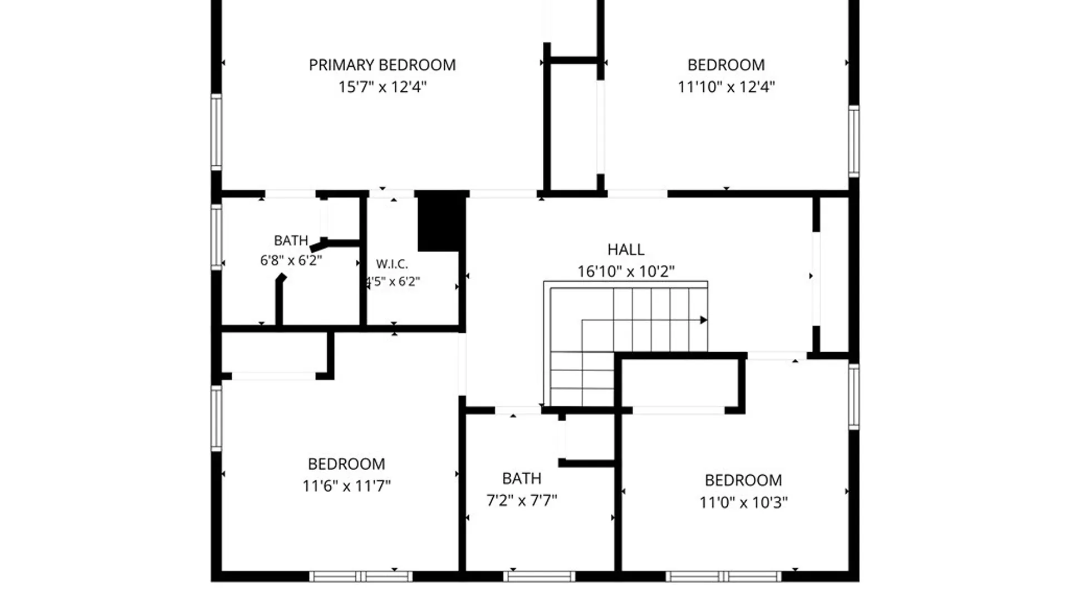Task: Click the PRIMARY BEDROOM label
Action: click(x=382, y=65)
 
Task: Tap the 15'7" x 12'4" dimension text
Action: click(x=383, y=87)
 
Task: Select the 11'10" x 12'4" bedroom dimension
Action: click(x=726, y=87)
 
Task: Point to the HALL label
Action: click(x=626, y=249)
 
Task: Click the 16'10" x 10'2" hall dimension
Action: click(x=626, y=272)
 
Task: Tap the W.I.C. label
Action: click(x=392, y=264)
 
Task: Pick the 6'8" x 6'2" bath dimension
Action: click(x=291, y=260)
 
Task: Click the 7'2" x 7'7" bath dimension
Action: click(x=522, y=500)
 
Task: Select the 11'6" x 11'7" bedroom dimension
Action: click(x=346, y=486)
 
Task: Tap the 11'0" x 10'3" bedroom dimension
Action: click(x=743, y=503)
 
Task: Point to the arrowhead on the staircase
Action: click(x=704, y=320)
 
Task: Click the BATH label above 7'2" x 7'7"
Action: click(x=522, y=479)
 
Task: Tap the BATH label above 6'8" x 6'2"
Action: click(x=291, y=240)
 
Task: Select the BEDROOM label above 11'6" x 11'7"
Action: click(x=346, y=464)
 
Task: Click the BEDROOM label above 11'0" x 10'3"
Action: click(x=743, y=480)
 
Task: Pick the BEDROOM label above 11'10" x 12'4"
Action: click(x=726, y=65)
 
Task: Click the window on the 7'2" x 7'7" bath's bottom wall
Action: click(x=539, y=577)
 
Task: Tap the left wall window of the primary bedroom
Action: click(x=216, y=132)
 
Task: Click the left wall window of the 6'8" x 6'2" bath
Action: click(x=216, y=237)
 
